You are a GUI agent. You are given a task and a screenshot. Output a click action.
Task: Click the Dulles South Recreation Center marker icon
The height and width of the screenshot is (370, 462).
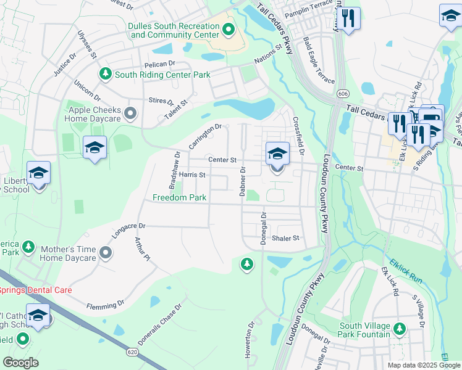click(x=229, y=29)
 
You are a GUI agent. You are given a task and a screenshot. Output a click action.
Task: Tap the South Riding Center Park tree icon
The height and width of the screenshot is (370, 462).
click(x=105, y=75)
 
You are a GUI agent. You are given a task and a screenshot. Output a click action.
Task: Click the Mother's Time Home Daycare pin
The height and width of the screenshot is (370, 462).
click(x=106, y=253)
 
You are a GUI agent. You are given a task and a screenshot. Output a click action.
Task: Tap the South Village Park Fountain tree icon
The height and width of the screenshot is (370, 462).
click(x=400, y=327)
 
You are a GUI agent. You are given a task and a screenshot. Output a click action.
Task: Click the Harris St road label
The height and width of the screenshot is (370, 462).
click(x=191, y=175)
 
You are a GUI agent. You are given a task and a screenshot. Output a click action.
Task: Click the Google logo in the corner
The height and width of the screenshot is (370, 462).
click(x=21, y=363)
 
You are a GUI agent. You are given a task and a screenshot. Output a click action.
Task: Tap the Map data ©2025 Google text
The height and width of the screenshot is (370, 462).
click(x=422, y=365)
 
